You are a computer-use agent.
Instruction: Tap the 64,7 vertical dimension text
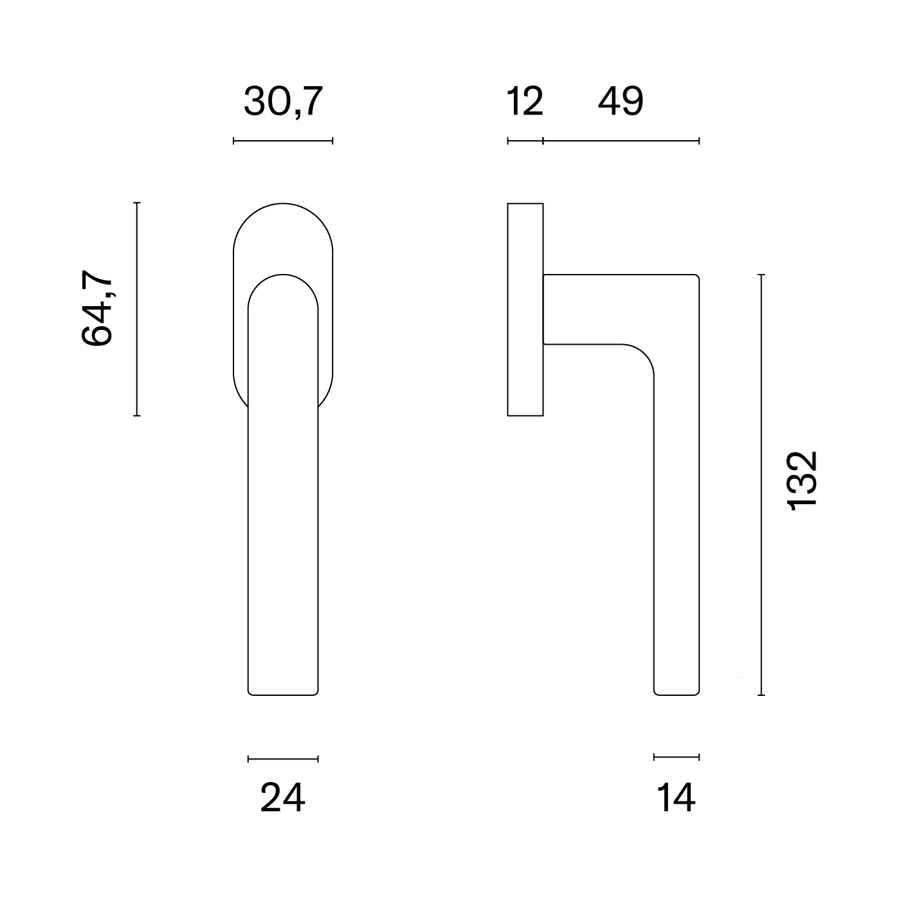pyautogui.click(x=97, y=307)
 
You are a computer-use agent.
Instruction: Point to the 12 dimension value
pyautogui.click(x=525, y=101)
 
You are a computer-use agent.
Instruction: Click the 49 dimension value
pyautogui.click(x=621, y=101)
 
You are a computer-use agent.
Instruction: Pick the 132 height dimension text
pyautogui.click(x=803, y=480)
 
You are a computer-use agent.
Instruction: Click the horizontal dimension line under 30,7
pyautogui.click(x=283, y=141)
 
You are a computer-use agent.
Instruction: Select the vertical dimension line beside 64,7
pyautogui.click(x=136, y=309)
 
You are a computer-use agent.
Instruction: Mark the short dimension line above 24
pyautogui.click(x=283, y=759)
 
